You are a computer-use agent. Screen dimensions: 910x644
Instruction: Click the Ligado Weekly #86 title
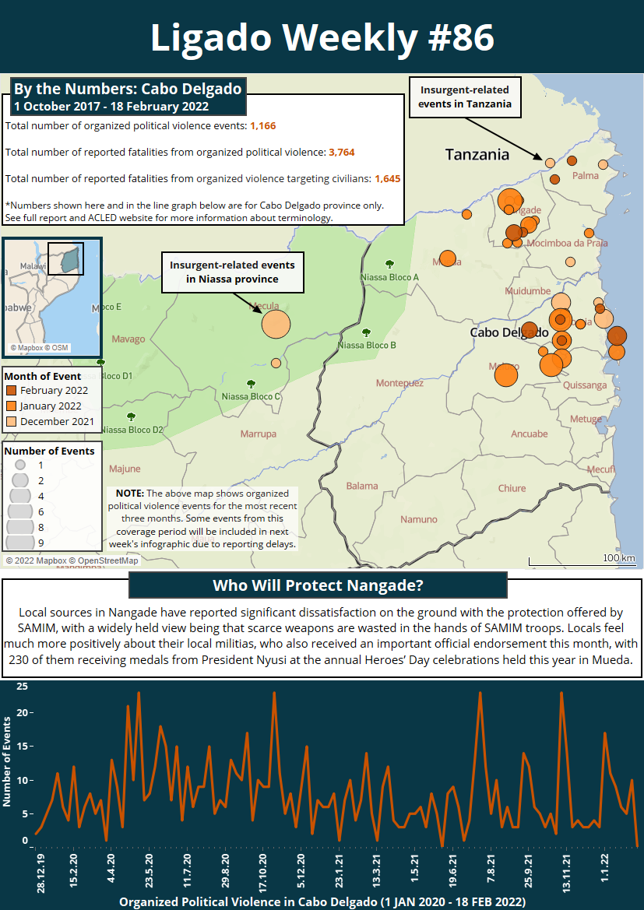tap(322, 37)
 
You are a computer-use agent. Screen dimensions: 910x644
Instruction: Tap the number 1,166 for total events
tap(262, 125)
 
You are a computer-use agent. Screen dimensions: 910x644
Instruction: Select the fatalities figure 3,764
tap(342, 152)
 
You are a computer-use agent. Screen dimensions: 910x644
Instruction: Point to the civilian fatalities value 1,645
tap(387, 178)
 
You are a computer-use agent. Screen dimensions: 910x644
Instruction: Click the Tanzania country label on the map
tap(477, 154)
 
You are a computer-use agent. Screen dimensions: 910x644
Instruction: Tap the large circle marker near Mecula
tap(275, 324)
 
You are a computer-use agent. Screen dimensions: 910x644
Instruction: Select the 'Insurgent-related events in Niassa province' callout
tap(232, 272)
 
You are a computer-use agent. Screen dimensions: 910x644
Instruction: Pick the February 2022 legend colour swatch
tap(12, 391)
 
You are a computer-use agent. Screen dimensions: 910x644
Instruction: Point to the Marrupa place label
tap(258, 434)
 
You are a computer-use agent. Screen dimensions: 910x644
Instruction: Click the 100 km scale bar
tap(582, 559)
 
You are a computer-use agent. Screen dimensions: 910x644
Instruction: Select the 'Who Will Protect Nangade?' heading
tap(318, 585)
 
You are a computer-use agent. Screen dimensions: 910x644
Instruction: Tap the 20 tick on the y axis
tap(23, 713)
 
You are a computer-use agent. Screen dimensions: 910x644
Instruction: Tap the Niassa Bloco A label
tap(389, 277)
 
